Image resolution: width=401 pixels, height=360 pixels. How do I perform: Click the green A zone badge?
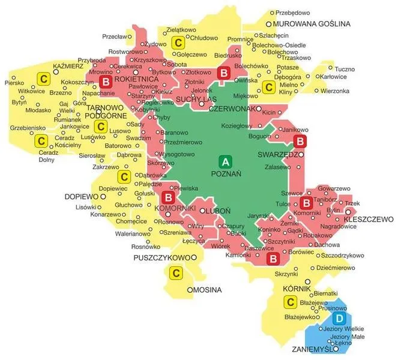click(x=226, y=162)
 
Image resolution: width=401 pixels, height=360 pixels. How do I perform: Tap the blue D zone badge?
click(x=340, y=317)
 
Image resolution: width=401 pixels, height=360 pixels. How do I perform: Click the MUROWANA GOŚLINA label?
click(x=311, y=24)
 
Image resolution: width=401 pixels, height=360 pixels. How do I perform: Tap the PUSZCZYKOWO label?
click(x=161, y=258)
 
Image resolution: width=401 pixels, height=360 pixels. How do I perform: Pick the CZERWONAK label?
click(x=232, y=110)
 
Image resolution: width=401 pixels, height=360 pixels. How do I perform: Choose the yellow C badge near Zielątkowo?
click(x=178, y=43)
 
